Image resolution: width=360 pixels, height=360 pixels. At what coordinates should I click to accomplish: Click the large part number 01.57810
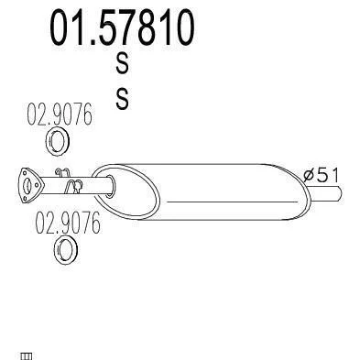point(122,27)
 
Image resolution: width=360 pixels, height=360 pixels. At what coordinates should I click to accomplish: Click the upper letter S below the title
point(122,63)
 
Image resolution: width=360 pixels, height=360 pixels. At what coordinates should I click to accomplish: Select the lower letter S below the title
point(123,99)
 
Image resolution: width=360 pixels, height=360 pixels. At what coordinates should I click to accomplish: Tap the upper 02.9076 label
point(60,114)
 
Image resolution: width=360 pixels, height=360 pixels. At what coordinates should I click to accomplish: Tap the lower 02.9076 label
point(68,223)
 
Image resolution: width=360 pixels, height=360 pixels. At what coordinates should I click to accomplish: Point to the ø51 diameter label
point(322,175)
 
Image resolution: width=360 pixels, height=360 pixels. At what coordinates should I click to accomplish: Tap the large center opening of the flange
point(27,186)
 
